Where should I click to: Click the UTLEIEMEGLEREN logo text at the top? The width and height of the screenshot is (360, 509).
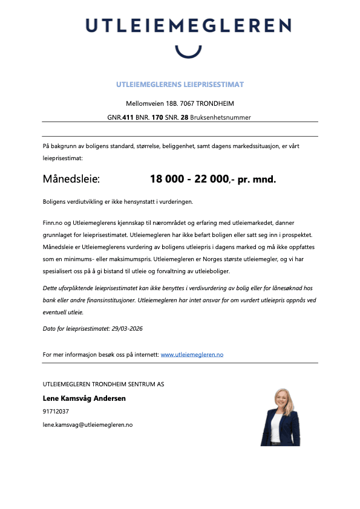[188, 25]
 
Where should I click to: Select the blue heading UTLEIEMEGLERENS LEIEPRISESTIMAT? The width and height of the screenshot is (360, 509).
[180, 85]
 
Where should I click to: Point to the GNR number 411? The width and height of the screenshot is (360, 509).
[128, 117]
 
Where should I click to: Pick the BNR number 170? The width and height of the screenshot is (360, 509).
[157, 117]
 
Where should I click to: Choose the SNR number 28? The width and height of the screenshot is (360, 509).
[185, 117]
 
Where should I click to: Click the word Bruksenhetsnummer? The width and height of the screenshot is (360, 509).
[220, 117]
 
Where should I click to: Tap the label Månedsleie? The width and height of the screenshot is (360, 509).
[71, 180]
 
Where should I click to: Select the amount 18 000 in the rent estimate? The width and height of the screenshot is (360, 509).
[166, 180]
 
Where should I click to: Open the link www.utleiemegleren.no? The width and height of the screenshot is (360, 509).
[192, 354]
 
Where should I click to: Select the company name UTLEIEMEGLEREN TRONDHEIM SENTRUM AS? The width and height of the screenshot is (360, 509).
[103, 384]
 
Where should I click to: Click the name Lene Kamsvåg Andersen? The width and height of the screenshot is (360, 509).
[84, 398]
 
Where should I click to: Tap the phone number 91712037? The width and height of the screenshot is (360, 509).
[56, 412]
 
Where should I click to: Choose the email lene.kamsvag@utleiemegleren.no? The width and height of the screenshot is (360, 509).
[88, 425]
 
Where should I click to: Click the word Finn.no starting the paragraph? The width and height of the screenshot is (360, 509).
[53, 223]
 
